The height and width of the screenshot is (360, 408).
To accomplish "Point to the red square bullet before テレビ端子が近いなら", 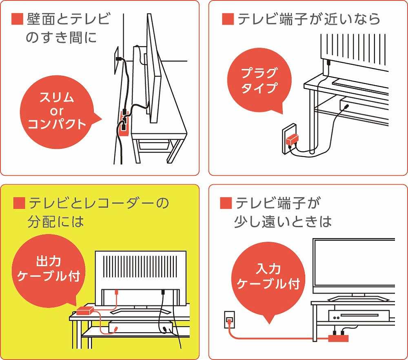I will tap(228, 19).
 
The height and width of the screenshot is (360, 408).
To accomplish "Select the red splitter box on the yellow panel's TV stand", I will tap(85, 311).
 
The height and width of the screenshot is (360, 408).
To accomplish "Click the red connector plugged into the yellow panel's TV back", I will tap(117, 292).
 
